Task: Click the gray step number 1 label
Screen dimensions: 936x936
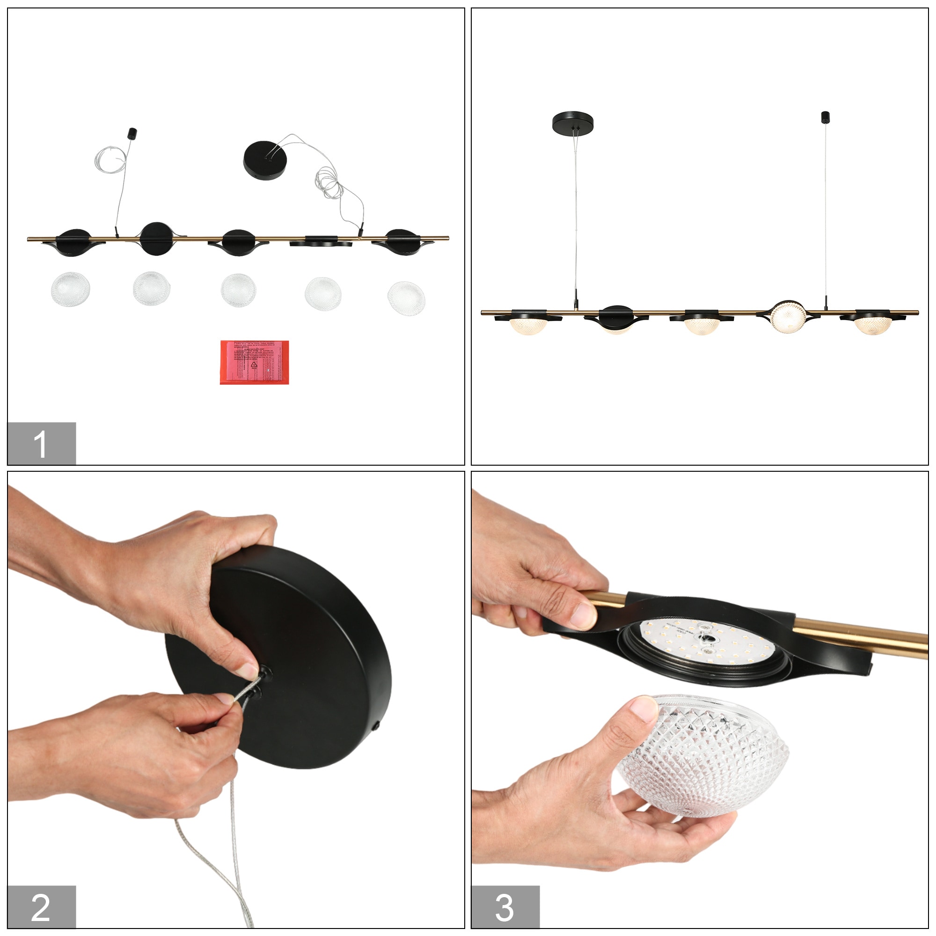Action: click(41, 443)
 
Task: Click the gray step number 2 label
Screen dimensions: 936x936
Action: click(41, 907)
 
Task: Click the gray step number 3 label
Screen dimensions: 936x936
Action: click(505, 907)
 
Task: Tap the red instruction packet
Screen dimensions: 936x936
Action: click(254, 362)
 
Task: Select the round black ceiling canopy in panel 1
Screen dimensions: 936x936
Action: click(264, 160)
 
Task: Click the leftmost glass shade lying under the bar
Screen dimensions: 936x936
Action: click(70, 289)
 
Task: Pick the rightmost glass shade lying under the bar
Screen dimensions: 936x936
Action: click(406, 298)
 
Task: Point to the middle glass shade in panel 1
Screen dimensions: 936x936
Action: click(238, 290)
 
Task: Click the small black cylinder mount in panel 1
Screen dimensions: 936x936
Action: click(132, 133)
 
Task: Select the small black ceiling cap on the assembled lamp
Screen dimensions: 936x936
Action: click(825, 117)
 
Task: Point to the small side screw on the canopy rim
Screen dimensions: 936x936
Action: click(376, 727)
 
